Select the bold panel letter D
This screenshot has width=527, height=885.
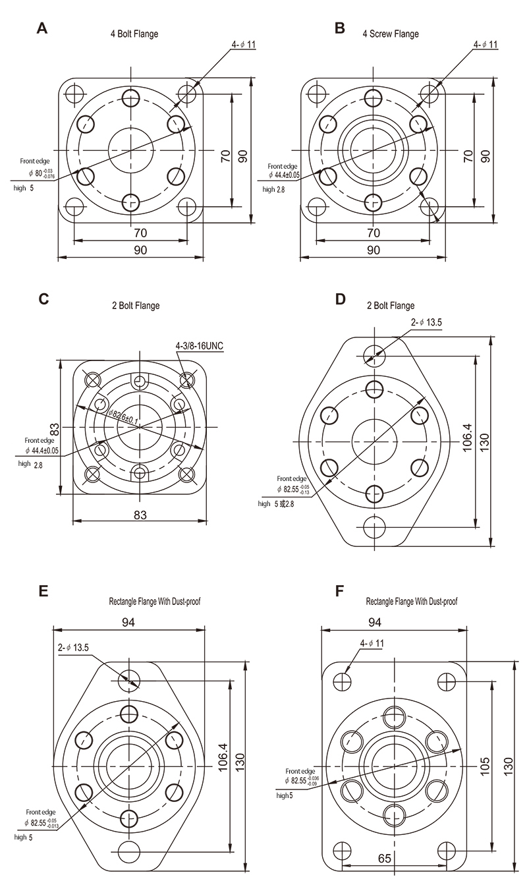341,299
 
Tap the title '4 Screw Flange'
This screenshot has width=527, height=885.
391,34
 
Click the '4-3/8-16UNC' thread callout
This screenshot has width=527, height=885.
200,345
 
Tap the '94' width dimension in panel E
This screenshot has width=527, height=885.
128,622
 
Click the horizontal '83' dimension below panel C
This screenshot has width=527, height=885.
140,515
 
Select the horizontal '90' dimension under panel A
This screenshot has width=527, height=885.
140,250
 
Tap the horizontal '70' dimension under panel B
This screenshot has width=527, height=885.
373,232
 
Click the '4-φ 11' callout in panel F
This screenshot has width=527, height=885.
372,642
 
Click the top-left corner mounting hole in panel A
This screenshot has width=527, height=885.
74,90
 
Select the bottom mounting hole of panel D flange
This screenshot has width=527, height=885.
374,527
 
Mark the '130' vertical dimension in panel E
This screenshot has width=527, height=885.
241,762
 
